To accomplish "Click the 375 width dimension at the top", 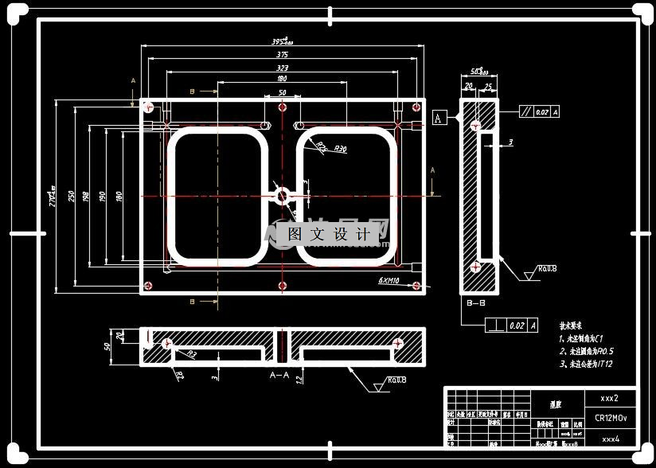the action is click(283, 55).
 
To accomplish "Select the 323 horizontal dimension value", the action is click(283, 69).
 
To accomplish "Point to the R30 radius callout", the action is click(340, 149).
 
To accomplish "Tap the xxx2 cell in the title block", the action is click(610, 397).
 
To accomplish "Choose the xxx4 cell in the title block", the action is click(610, 439).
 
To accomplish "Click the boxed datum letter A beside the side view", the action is click(439, 118).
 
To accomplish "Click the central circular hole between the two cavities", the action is click(283, 195).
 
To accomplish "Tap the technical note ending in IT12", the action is click(586, 364).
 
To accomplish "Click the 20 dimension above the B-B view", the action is click(469, 86).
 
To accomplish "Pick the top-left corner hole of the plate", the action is click(148, 106).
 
